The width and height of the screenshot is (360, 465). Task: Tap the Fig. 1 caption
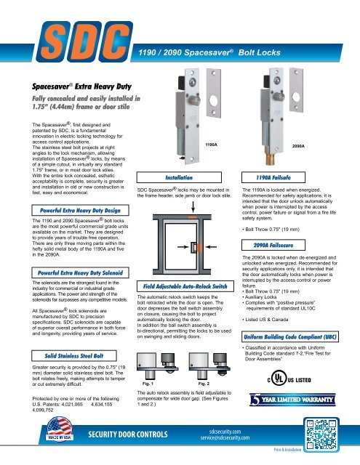click(149, 402)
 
